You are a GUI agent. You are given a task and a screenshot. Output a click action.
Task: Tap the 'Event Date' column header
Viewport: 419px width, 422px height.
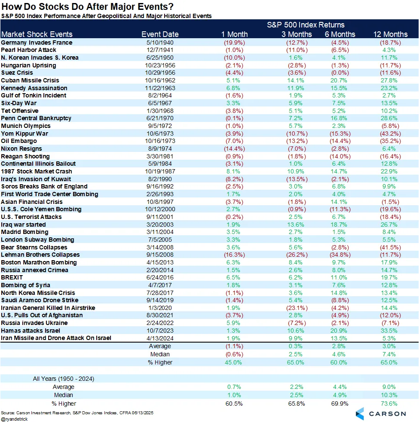click(x=160, y=34)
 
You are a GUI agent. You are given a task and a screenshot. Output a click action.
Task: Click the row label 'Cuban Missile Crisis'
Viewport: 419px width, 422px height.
click(x=30, y=80)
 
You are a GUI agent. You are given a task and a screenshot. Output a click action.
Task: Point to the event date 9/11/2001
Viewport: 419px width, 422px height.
click(x=160, y=217)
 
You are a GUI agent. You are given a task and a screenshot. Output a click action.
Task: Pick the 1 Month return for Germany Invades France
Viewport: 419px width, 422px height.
click(x=234, y=43)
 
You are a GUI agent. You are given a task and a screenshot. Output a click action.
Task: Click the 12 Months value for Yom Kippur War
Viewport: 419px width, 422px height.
click(x=390, y=134)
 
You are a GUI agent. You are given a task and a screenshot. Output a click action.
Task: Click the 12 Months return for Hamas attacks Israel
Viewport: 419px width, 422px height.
click(x=390, y=331)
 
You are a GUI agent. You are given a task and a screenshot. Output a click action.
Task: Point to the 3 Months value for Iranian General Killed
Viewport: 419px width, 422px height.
click(x=294, y=308)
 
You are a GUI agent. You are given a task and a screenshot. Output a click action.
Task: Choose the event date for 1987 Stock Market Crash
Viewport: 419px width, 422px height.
click(x=160, y=171)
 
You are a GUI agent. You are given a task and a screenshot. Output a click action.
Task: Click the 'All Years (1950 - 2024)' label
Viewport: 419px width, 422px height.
click(x=64, y=379)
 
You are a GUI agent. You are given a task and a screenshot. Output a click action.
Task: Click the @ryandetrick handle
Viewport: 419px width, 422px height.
click(x=14, y=419)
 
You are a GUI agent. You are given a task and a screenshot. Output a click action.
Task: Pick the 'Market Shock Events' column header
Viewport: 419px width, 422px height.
click(x=37, y=34)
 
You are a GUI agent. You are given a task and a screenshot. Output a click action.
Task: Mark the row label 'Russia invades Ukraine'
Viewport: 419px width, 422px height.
click(x=34, y=323)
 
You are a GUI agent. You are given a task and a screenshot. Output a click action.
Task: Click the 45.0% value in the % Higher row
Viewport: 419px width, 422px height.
click(x=234, y=362)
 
